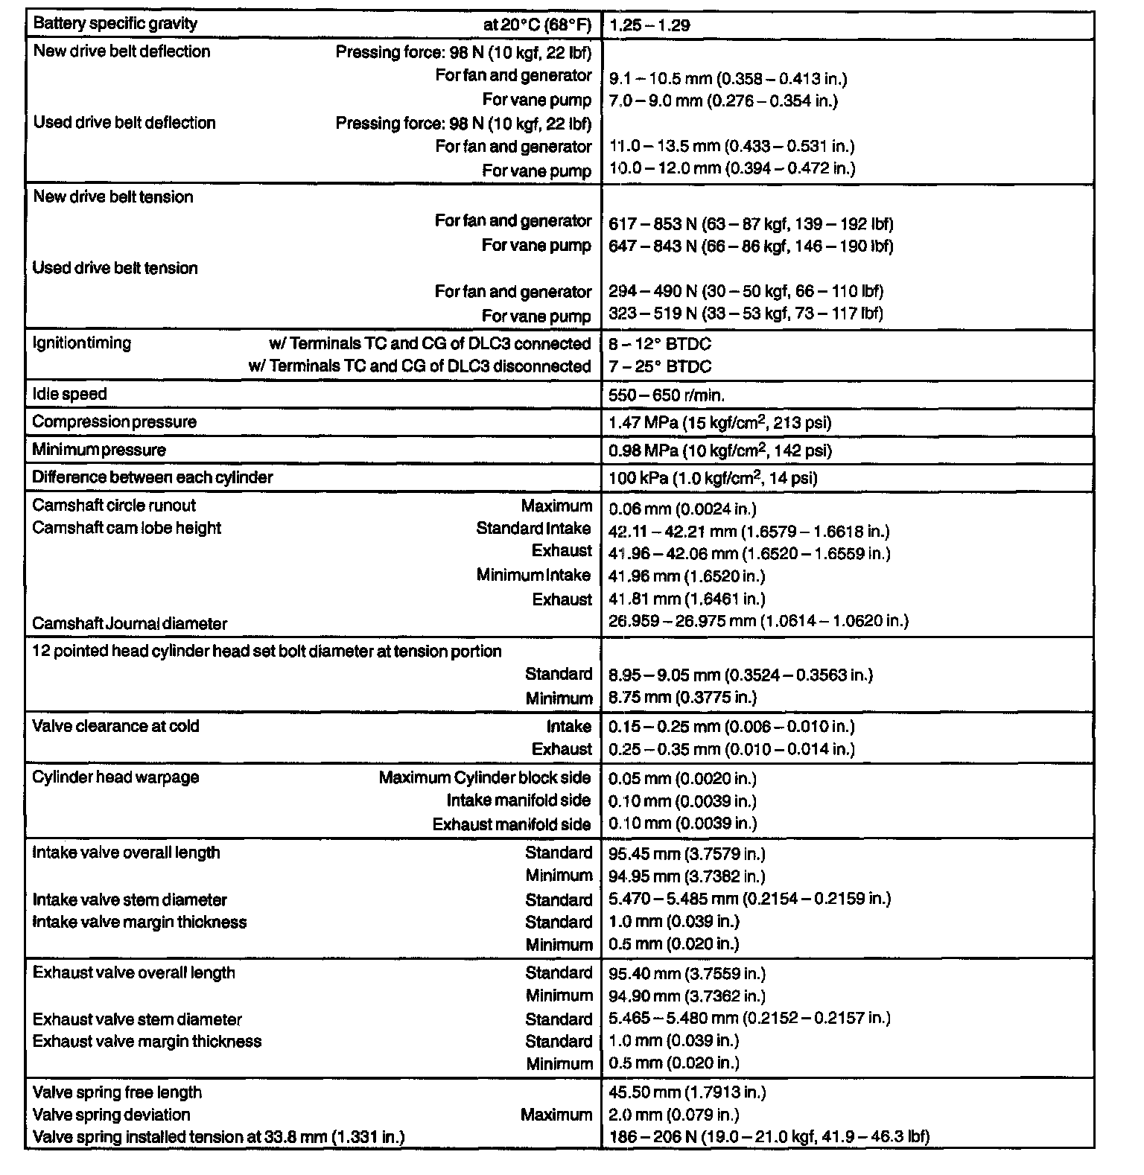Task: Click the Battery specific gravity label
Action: click(x=115, y=24)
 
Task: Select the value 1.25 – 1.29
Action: click(x=649, y=25)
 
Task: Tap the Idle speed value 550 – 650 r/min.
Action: click(x=667, y=395)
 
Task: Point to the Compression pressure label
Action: click(x=114, y=422)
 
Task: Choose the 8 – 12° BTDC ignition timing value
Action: click(x=660, y=344)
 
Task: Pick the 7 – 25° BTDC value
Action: click(x=660, y=366)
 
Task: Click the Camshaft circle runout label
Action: click(x=114, y=506)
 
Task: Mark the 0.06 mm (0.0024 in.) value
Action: click(x=682, y=509)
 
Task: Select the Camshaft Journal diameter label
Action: click(x=130, y=624)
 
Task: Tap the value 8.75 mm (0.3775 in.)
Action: click(x=682, y=698)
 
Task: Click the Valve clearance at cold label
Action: click(x=115, y=727)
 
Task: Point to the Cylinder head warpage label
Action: click(x=115, y=777)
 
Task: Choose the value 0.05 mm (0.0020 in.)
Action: click(x=682, y=779)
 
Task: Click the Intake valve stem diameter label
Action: click(x=130, y=900)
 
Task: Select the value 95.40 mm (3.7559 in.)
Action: click(x=687, y=974)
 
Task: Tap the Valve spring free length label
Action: click(x=117, y=1092)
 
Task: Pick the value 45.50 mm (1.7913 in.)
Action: click(x=687, y=1093)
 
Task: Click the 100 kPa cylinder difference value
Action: click(x=713, y=478)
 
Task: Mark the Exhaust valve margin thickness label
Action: click(x=147, y=1042)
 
